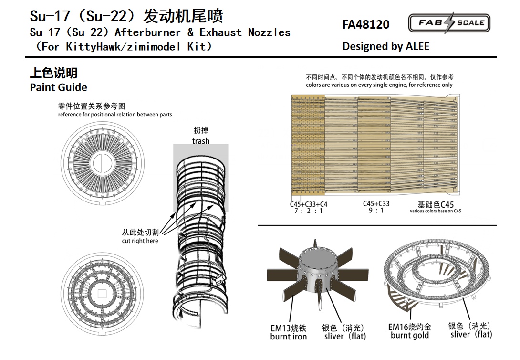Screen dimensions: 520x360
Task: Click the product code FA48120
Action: pyautogui.click(x=366, y=24)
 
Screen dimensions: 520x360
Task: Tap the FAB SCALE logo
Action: pyautogui.click(x=449, y=23)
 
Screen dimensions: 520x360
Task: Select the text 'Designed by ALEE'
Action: pyautogui.click(x=385, y=46)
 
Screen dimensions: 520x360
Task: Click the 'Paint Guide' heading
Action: pyautogui.click(x=58, y=87)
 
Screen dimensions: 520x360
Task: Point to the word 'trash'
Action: pyautogui.click(x=201, y=141)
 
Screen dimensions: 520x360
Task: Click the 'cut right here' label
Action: pyautogui.click(x=140, y=241)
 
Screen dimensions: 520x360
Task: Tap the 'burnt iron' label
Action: pyautogui.click(x=288, y=337)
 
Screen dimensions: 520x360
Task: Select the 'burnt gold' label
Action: pyautogui.click(x=410, y=336)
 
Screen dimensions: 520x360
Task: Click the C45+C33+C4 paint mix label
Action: pyautogui.click(x=308, y=204)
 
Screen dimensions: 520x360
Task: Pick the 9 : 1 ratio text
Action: pyautogui.click(x=376, y=211)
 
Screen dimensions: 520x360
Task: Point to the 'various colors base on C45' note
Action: pyautogui.click(x=436, y=211)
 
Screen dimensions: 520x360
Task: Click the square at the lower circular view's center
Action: pyautogui.click(x=102, y=294)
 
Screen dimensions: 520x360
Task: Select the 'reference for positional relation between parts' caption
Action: pyautogui.click(x=115, y=115)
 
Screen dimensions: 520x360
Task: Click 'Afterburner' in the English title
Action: pyautogui.click(x=147, y=32)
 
